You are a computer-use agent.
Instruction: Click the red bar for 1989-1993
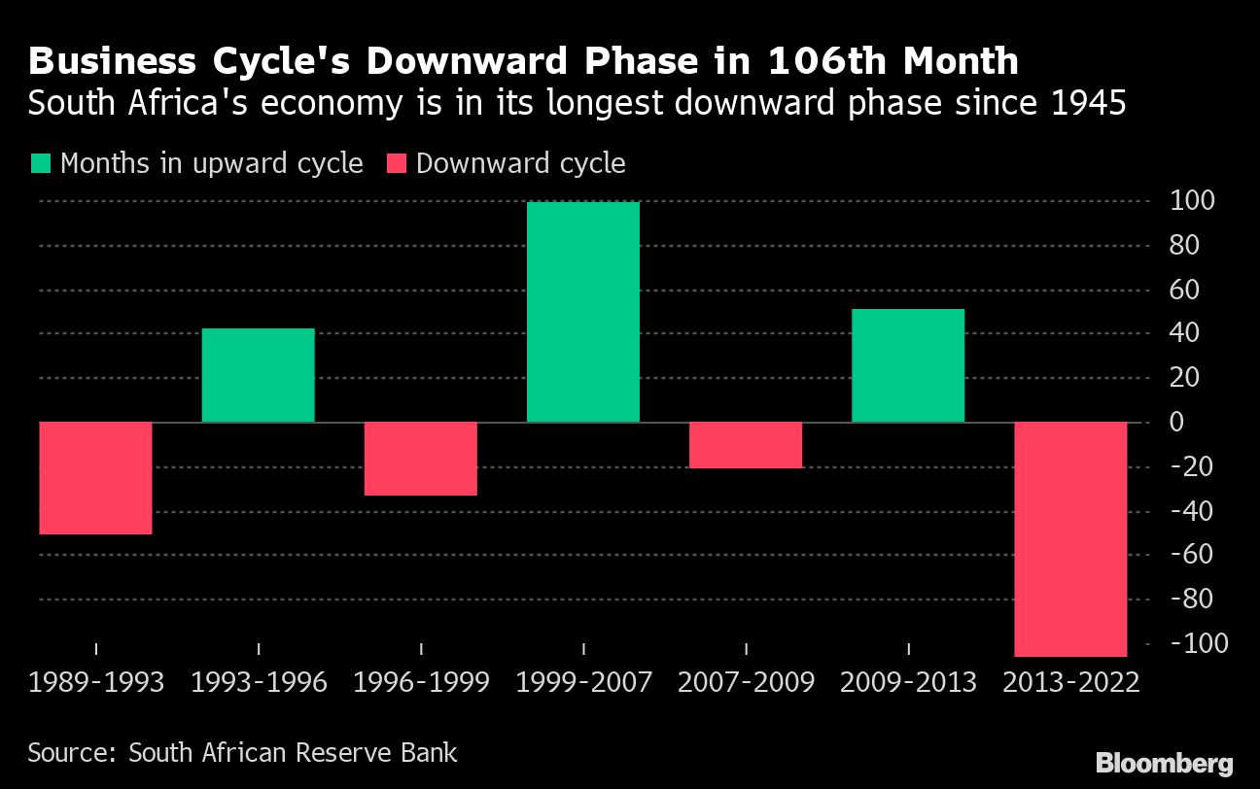pyautogui.click(x=95, y=478)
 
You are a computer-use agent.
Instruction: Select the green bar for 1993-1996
pyautogui.click(x=259, y=375)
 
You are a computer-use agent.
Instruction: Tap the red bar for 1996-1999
pyautogui.click(x=420, y=459)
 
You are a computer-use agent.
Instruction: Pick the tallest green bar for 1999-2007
pyautogui.click(x=583, y=312)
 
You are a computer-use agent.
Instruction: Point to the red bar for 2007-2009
pyautogui.click(x=746, y=445)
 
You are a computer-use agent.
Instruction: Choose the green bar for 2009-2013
pyautogui.click(x=908, y=365)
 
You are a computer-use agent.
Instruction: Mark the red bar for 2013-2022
pyautogui.click(x=1070, y=539)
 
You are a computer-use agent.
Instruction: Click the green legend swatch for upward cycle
pyautogui.click(x=41, y=163)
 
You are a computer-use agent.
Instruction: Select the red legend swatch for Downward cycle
pyautogui.click(x=396, y=163)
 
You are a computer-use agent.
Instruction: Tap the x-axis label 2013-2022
pyautogui.click(x=1071, y=682)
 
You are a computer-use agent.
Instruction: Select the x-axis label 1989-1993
pyautogui.click(x=96, y=682)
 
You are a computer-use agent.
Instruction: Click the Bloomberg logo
pyautogui.click(x=1164, y=763)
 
